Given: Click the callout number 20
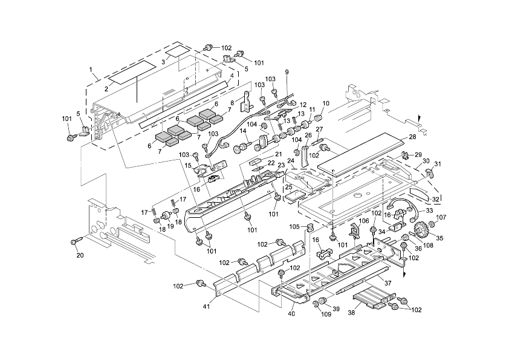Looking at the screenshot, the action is point(80,255).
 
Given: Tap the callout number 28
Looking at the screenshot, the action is point(412,137).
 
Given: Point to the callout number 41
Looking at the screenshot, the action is point(207,306).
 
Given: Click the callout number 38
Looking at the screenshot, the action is point(352,313).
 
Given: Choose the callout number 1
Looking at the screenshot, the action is point(91,69).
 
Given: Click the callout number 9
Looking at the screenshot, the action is point(287,72).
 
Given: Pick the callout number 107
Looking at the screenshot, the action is point(441,217).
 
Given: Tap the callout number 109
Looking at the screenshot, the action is point(326,314).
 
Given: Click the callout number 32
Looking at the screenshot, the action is point(435,199).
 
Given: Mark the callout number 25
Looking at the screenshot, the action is point(288,187).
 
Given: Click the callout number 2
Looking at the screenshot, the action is point(106,88).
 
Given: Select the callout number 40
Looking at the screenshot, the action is point(291,313).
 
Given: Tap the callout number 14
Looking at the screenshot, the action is point(243,131).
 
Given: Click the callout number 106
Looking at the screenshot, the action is point(364,221).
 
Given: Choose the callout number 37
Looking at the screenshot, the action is point(387,283).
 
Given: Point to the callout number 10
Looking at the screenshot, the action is point(326,103).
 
